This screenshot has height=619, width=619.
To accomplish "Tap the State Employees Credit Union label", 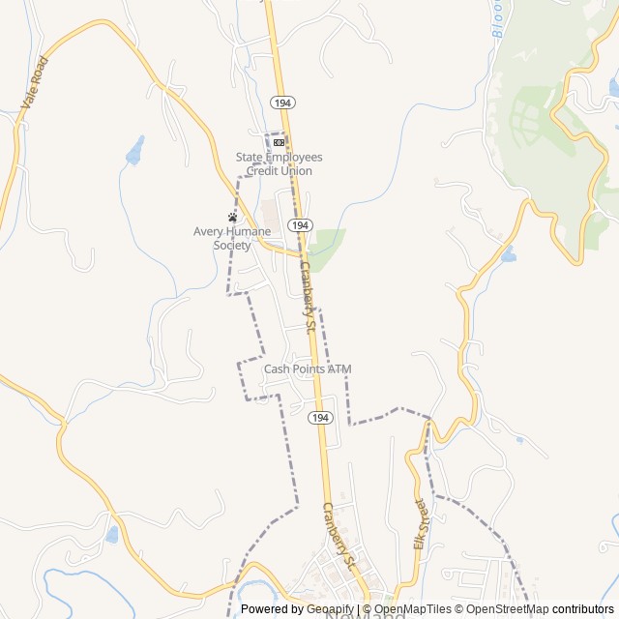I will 279,163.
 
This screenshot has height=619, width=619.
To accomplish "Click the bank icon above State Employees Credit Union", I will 279,142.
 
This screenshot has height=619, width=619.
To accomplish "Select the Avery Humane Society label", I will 232,238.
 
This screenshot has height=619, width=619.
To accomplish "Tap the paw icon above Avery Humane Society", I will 232,217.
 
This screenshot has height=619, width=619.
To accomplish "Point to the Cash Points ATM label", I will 308,368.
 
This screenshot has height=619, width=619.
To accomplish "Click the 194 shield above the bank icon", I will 282,103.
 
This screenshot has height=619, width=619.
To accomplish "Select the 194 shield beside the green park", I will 300,224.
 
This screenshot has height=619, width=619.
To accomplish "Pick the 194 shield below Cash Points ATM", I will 321,418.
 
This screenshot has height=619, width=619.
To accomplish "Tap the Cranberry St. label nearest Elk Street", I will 340,535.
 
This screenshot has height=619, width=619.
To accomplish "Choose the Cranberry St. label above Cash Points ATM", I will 308,297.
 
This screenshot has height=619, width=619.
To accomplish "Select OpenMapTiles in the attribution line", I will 414,609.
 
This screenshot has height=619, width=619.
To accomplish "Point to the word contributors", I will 584,609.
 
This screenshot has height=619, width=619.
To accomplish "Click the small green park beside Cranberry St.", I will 327,245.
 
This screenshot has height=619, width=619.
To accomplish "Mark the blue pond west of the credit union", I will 134,150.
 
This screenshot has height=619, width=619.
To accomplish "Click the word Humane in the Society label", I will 248,231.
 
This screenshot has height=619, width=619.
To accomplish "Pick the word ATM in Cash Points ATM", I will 339,368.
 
